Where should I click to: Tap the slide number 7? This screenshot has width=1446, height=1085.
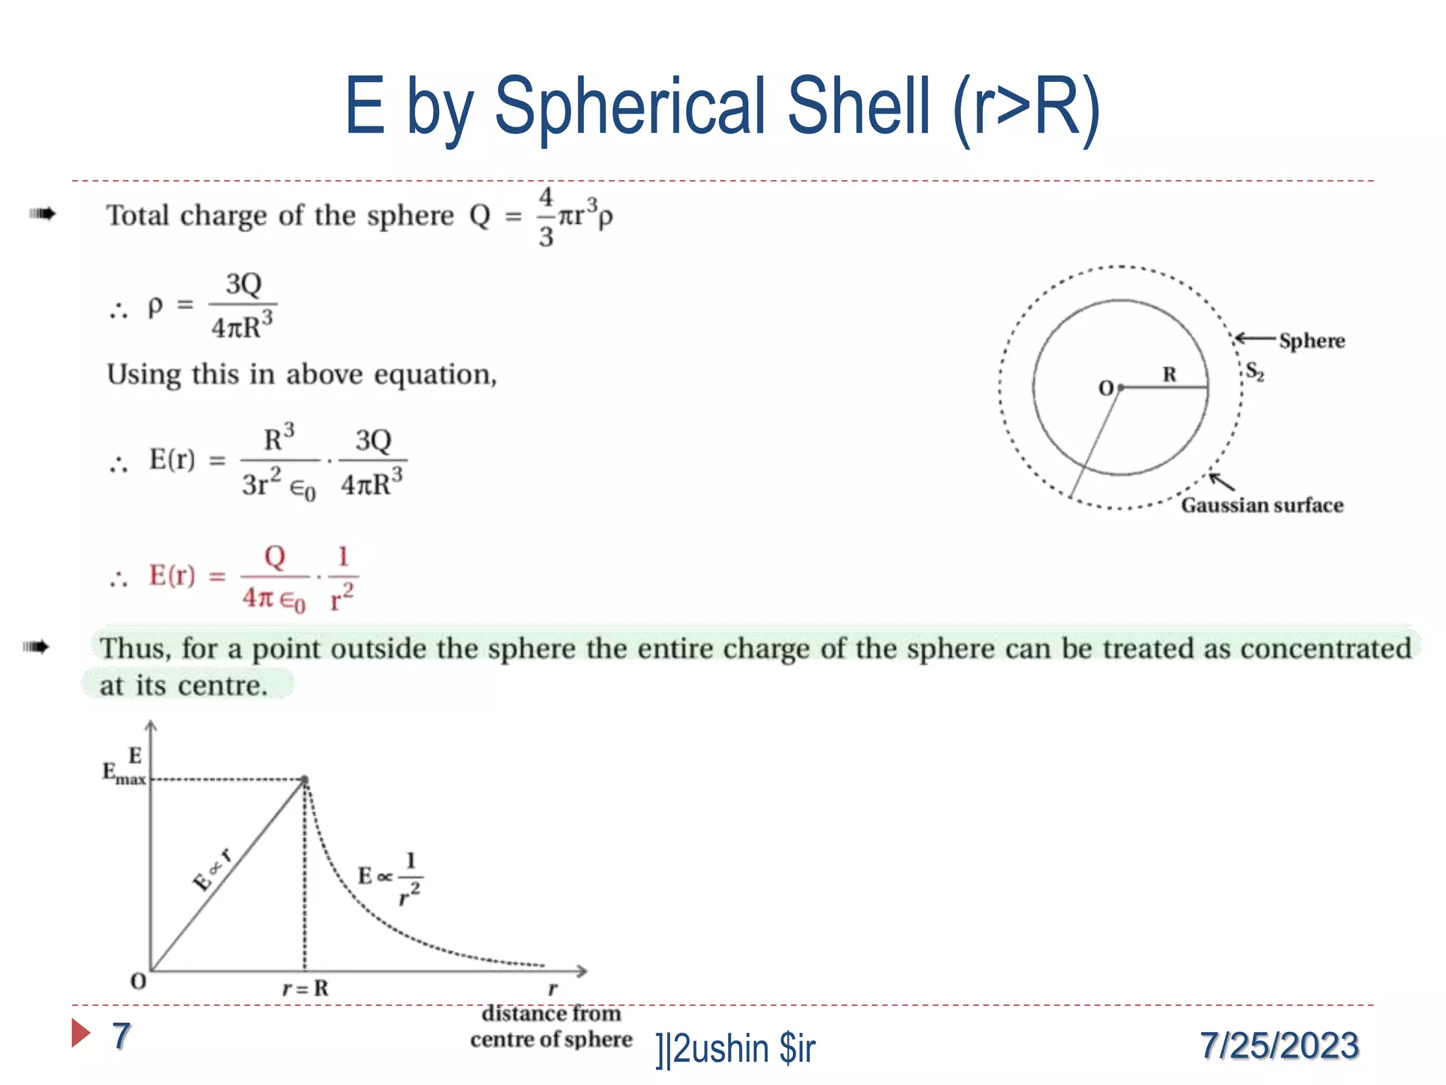pos(121,1036)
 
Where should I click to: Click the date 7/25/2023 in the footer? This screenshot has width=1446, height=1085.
pos(1279,1045)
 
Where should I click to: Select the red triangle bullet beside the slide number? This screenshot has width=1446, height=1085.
pos(80,1033)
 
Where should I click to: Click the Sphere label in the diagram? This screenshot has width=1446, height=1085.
pos(1312,340)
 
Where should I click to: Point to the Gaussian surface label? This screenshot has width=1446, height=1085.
pos(1262,505)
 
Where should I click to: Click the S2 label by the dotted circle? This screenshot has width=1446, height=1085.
pos(1254,371)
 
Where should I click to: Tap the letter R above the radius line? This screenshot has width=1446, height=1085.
pos(1169,374)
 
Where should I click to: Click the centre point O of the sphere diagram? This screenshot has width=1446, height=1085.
pos(1121,387)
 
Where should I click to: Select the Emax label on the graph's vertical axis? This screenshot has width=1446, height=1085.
pos(123,774)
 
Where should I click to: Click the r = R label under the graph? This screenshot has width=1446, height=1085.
pos(305,988)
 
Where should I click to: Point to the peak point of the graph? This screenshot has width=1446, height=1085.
pos(305,780)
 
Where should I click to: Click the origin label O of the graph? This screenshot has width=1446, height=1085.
pos(138,981)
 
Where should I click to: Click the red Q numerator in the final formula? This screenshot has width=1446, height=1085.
pos(275,557)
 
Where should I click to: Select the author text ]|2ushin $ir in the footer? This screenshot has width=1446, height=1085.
pos(735,1048)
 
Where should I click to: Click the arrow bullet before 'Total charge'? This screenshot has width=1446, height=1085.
pos(42,213)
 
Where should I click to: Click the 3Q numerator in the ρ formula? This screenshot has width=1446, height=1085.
pos(243,284)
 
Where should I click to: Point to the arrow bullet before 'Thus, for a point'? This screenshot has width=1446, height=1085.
pos(36,646)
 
